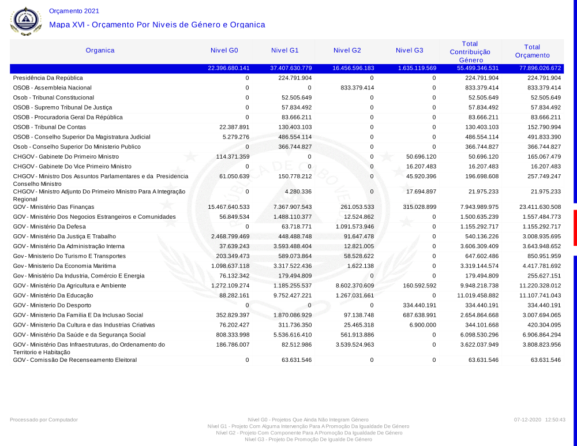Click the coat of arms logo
(26, 20)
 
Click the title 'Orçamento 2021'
(74, 11)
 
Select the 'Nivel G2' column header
(347, 50)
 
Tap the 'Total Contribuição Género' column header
(470, 52)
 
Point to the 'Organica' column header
(100, 50)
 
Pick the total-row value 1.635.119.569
(417, 68)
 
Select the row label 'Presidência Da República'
(48, 78)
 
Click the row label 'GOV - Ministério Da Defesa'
(49, 226)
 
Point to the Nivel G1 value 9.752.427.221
(291, 295)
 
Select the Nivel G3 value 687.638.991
(417, 315)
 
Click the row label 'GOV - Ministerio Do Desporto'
(51, 305)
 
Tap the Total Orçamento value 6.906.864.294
(536, 335)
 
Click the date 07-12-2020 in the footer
(527, 419)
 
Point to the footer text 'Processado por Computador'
(44, 419)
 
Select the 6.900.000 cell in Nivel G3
(422, 325)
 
